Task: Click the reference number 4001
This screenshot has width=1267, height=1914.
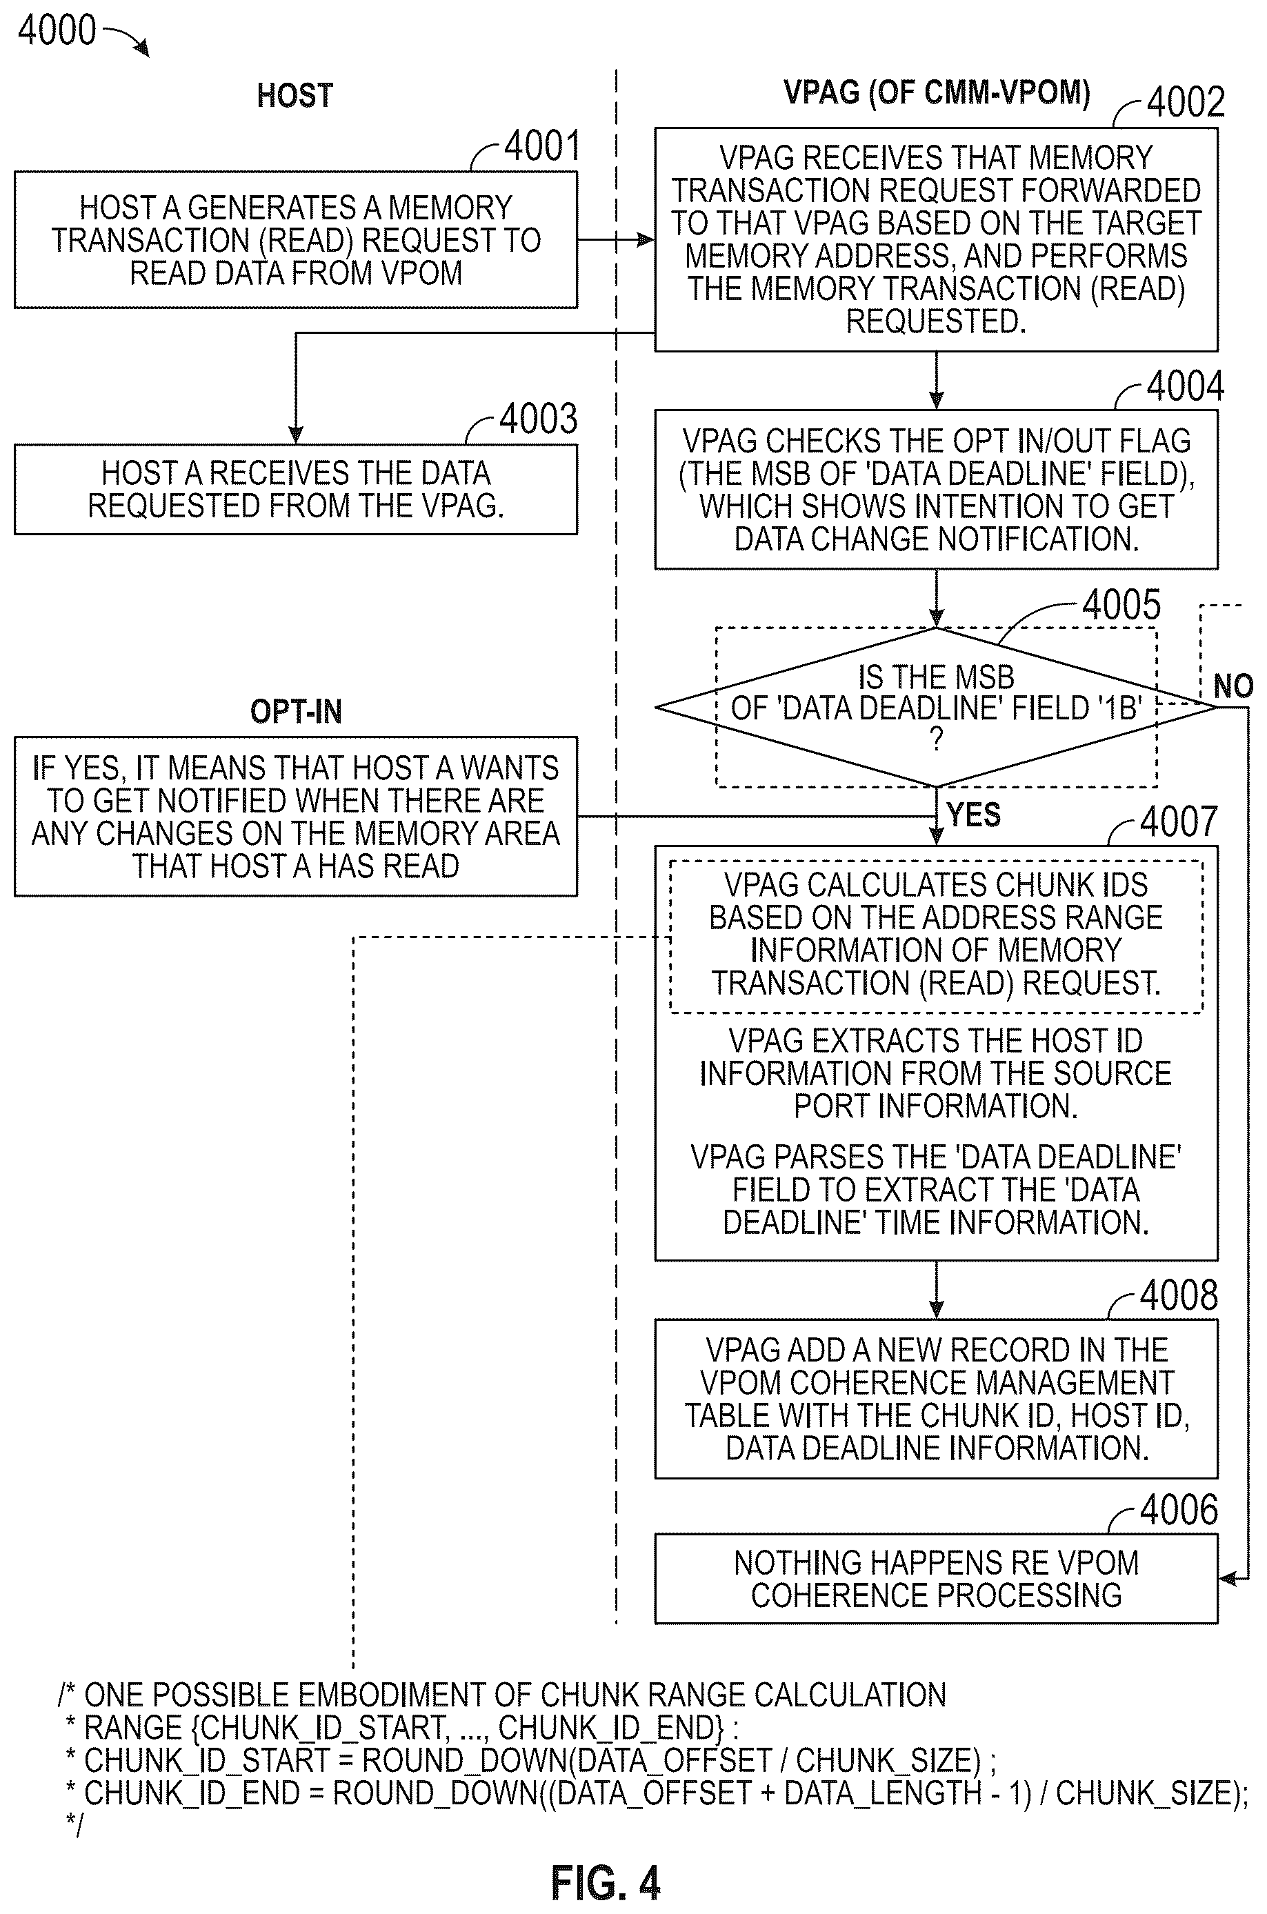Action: coord(542,146)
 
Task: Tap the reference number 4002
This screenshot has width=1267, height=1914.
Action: coord(1186,102)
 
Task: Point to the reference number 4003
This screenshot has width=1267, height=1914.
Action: coord(538,419)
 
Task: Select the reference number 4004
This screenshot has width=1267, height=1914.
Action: coord(1186,386)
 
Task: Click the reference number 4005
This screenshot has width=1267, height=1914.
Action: coord(1121,604)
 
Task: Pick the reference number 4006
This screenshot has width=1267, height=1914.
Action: coord(1179,1510)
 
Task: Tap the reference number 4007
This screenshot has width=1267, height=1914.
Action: coord(1179,821)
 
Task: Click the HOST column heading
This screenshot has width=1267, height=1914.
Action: coord(295,95)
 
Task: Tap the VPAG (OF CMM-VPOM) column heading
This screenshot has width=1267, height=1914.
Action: coord(937,93)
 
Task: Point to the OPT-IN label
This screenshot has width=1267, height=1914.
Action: coord(296,712)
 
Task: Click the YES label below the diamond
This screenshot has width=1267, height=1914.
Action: coord(974,815)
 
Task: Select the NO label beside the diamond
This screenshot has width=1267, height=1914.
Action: coord(1233,686)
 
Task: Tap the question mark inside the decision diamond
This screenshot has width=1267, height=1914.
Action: coord(937,739)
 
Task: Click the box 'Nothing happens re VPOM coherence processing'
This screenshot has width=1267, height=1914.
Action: coord(936,1579)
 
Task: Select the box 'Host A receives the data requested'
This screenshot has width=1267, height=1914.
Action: coord(296,489)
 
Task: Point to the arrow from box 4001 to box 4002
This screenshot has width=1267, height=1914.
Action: coord(616,240)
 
